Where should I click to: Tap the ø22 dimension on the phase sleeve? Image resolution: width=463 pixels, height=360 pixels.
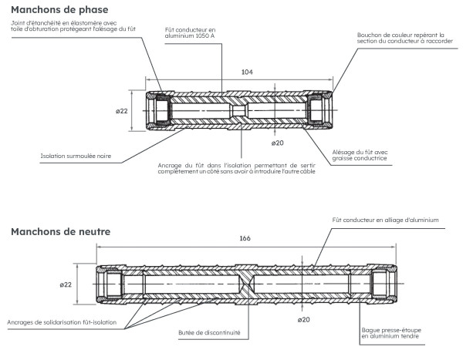click(x=121, y=112)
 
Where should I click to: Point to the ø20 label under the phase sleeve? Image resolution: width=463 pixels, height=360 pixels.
click(x=278, y=143)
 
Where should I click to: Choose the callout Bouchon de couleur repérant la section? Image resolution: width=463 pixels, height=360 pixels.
click(x=401, y=39)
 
